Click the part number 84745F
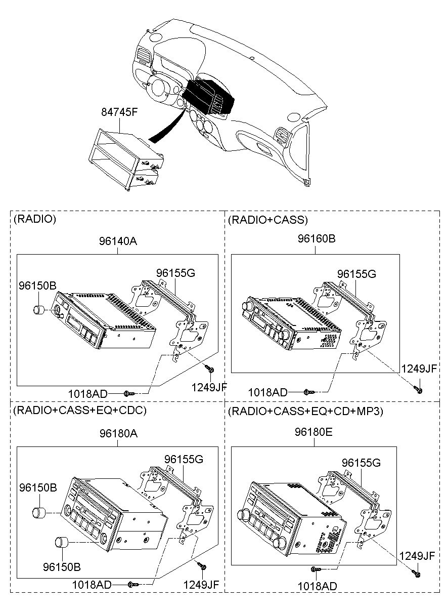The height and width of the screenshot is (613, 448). point(119,112)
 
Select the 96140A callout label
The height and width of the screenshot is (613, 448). point(118,241)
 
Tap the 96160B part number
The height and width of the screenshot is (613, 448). point(316,238)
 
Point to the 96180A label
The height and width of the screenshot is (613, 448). point(118,433)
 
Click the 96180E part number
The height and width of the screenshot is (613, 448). point(313,432)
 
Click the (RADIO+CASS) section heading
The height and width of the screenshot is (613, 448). point(268,220)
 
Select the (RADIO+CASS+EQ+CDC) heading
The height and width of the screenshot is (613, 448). point(80,410)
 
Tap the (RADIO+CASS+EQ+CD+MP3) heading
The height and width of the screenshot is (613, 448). point(305,411)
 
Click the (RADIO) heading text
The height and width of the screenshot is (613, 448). point(35,219)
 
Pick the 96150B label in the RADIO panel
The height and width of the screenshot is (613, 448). point(37,285)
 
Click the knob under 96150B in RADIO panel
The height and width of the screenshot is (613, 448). point(39,310)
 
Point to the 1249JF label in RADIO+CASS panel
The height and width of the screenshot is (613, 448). point(419,369)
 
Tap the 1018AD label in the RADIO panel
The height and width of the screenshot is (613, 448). point(88,394)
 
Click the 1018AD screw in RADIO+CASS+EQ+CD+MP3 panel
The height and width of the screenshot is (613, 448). point(316,569)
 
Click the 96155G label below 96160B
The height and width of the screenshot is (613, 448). point(356,274)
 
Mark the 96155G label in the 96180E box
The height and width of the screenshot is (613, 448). point(361,463)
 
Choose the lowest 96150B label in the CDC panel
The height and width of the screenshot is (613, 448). point(62,567)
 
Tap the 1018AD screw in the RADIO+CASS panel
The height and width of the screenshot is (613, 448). point(309,392)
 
